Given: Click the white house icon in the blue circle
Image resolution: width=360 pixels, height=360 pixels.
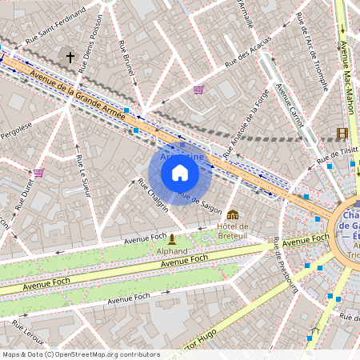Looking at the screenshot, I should pyautogui.click(x=180, y=172).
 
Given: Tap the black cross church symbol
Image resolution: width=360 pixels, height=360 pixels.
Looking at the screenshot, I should pyautogui.click(x=70, y=57).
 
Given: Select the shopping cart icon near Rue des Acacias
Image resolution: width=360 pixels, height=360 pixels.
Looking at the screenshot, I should pyautogui.click(x=198, y=90).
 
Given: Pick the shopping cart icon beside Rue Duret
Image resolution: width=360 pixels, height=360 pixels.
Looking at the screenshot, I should pyautogui.click(x=38, y=172).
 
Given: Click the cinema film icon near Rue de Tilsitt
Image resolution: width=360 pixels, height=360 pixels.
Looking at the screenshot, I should pyautogui.click(x=342, y=133).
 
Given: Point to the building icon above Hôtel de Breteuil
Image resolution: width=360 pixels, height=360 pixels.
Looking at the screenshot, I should pyautogui.click(x=233, y=214).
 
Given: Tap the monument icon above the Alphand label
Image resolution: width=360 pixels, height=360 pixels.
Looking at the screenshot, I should pyautogui.click(x=171, y=238).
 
